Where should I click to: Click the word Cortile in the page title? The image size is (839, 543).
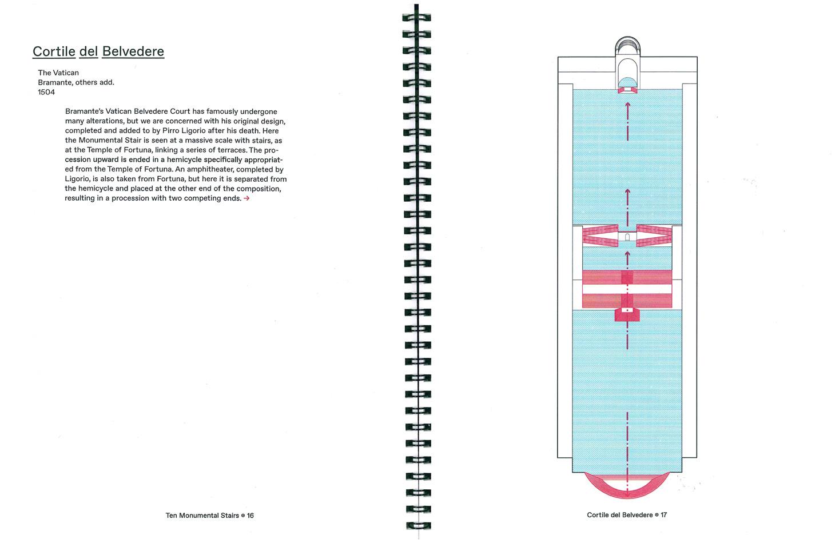point(54,51)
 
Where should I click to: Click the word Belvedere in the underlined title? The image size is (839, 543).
point(133,51)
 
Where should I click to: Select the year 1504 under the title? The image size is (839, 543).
point(46,92)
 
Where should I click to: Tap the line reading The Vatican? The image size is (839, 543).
point(58,73)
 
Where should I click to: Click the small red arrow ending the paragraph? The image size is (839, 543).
point(246,198)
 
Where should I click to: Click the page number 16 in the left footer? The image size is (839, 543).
point(250,515)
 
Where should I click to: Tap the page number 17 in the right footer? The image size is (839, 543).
point(663,515)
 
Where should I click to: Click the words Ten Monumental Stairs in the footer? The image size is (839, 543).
point(202,515)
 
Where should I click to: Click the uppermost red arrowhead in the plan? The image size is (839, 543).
point(627,105)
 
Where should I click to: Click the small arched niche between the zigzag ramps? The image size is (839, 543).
point(627,237)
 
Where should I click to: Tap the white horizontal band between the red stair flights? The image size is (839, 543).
point(627,300)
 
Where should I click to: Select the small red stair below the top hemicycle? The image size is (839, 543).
point(627,90)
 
